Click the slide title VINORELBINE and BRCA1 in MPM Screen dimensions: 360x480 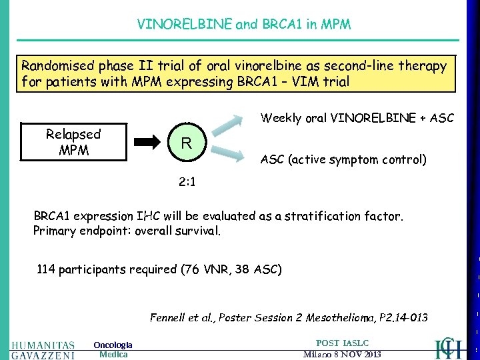click(x=243, y=25)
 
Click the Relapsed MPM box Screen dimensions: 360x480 click(x=73, y=142)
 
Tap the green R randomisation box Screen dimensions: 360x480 click(x=187, y=144)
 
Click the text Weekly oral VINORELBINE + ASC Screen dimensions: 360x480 click(x=357, y=118)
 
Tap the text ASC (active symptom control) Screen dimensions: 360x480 click(x=343, y=160)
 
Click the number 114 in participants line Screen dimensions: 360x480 click(x=46, y=270)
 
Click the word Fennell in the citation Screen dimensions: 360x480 click(x=169, y=317)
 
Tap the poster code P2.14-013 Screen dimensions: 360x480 click(x=403, y=317)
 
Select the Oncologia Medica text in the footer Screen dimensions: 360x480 click(x=113, y=349)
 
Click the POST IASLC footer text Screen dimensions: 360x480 click(x=342, y=343)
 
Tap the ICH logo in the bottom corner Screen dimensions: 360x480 click(x=448, y=347)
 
